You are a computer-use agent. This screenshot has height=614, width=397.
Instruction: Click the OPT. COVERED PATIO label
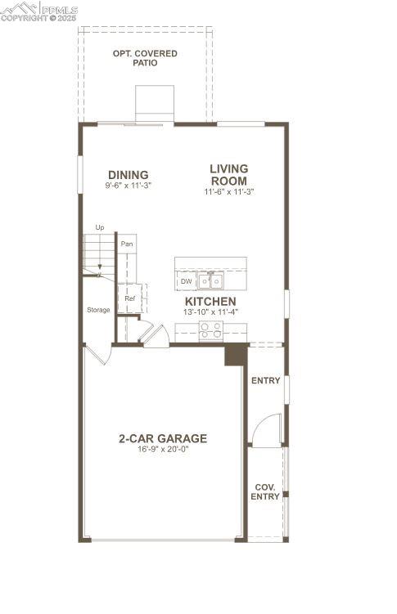(145, 58)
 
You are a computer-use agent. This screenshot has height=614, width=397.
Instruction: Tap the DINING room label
(128, 174)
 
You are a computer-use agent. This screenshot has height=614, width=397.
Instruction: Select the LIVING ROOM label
(228, 174)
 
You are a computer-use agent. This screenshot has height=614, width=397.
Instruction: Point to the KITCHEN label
(210, 302)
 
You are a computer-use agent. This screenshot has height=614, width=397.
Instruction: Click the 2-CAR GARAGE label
(162, 438)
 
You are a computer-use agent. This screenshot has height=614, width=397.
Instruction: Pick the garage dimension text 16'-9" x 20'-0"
(162, 449)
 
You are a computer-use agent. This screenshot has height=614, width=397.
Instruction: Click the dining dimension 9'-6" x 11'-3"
(129, 186)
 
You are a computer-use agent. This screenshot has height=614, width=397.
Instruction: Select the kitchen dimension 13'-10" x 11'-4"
(210, 311)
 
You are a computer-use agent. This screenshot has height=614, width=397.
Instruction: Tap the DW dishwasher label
(186, 281)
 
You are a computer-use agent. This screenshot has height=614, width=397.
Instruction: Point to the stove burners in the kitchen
(210, 329)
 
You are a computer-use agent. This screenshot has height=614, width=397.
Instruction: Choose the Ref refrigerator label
(129, 298)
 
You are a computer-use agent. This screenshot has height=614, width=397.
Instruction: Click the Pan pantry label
(127, 244)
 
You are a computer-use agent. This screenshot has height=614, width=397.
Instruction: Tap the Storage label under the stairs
(98, 310)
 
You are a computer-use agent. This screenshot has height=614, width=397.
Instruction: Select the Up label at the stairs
(100, 227)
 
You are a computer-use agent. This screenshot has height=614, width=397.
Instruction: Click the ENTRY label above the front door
(265, 381)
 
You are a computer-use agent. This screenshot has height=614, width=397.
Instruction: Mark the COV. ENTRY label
(265, 491)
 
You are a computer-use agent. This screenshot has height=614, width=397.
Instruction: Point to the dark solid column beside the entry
(236, 354)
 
